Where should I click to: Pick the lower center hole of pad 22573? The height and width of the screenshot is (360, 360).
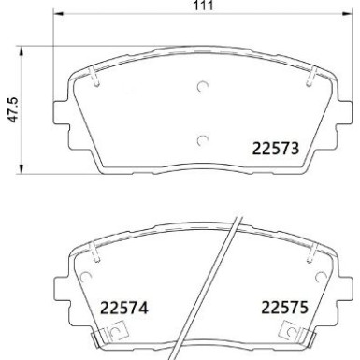(203, 140)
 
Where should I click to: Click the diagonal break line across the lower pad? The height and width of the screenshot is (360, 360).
(222, 290)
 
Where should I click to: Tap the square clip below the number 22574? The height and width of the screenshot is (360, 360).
(117, 329)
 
